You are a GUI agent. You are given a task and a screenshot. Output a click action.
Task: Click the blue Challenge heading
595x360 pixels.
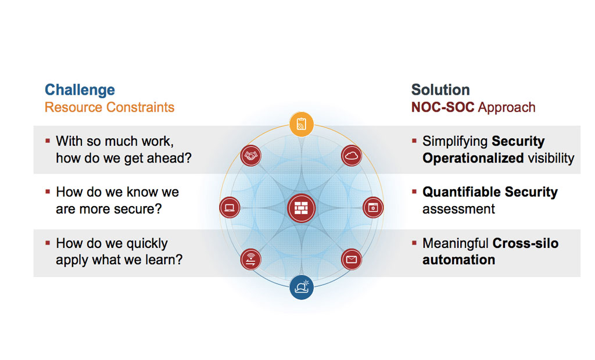(x=80, y=90)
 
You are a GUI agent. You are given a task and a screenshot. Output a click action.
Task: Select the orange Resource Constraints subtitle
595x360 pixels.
(x=109, y=107)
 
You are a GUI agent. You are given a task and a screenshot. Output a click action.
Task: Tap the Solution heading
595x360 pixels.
(x=440, y=90)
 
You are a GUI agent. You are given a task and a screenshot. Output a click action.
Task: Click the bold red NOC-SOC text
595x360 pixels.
(x=440, y=107)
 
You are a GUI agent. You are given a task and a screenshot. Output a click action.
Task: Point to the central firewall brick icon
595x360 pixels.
(x=301, y=208)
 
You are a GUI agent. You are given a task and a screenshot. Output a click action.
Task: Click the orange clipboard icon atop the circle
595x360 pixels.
(x=302, y=124)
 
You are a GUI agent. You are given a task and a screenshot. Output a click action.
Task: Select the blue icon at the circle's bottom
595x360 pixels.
(x=302, y=287)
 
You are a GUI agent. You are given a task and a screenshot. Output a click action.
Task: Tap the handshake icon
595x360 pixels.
(x=250, y=156)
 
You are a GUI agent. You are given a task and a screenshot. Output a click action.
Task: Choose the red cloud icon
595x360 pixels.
(x=352, y=156)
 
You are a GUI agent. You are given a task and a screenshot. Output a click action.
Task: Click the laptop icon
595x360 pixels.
(x=230, y=207)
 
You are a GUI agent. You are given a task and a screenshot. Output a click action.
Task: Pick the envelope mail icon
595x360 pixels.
(x=351, y=258)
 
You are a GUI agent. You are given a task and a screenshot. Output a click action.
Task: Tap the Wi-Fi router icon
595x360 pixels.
(x=250, y=259)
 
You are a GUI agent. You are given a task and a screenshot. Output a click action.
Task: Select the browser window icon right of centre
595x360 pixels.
(x=373, y=207)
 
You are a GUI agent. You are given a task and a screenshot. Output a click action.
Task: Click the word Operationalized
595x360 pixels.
(x=473, y=158)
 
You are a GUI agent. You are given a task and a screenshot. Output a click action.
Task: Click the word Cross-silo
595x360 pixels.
(x=525, y=243)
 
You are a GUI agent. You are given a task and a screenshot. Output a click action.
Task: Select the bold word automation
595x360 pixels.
(x=458, y=260)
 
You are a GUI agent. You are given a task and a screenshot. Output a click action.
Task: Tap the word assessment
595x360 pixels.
(x=458, y=208)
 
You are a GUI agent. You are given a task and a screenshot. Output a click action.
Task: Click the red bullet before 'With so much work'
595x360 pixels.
(x=48, y=141)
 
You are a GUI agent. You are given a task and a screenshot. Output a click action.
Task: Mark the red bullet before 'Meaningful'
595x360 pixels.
(x=414, y=243)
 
